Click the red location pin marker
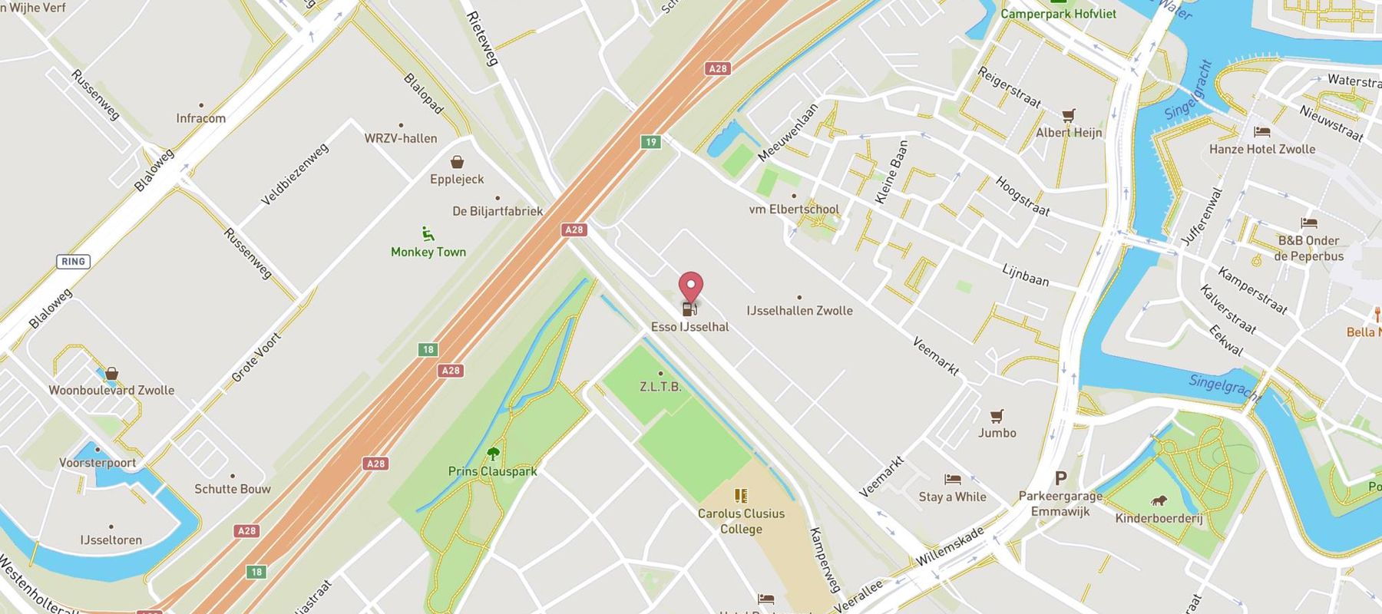tap(691, 286)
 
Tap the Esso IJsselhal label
tap(689, 327)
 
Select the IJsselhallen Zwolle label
tap(799, 311)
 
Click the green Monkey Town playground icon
tap(428, 233)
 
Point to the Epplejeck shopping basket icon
tap(457, 162)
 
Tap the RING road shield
tap(73, 262)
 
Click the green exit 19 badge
tap(650, 142)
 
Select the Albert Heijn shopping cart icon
tap(1068, 116)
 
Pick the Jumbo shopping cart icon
tap(997, 416)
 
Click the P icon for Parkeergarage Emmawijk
tap(1060, 479)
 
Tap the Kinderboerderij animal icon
tap(1158, 501)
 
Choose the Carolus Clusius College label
tap(741, 521)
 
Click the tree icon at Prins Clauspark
tap(492, 454)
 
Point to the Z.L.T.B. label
tap(660, 387)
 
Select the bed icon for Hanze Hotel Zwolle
tap(1261, 132)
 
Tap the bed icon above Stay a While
tap(952, 479)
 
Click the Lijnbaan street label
tap(1025, 275)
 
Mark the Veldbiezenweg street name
tap(295, 174)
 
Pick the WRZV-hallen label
tap(400, 138)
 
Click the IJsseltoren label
tap(111, 540)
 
